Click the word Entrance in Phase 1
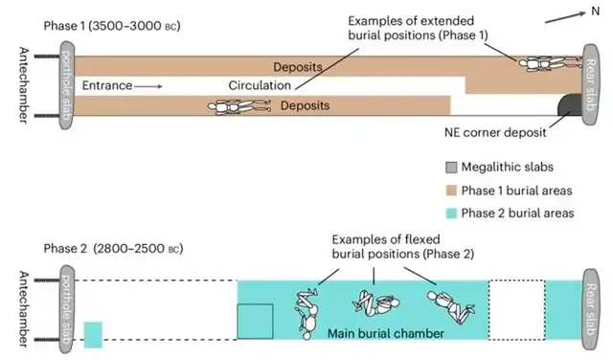coord(105,85)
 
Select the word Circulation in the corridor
coord(259,85)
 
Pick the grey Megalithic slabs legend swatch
coord(452,167)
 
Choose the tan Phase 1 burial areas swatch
coord(452,190)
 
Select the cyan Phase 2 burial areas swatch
coord(452,213)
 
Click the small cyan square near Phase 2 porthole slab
coord(93,335)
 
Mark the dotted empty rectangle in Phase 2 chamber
coord(516,309)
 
